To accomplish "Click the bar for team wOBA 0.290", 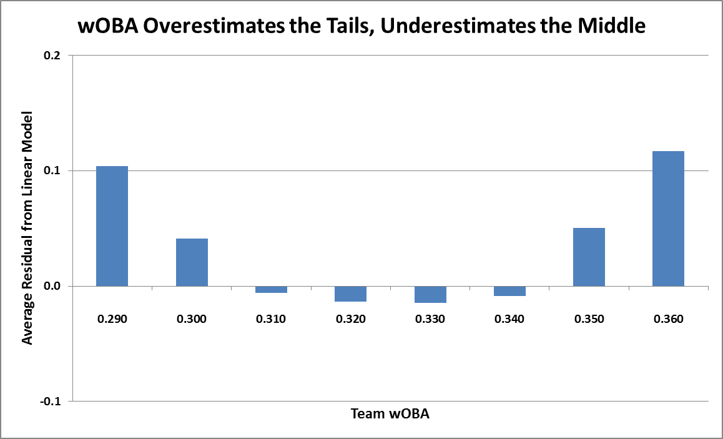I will pos(112,225).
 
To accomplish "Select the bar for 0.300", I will pos(192,262).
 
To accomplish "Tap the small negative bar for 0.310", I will pos(272,289).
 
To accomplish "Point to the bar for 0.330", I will pos(431,294).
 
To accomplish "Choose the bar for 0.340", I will pos(510,291).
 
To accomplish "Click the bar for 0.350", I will pos(589,257).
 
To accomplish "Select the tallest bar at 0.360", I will pos(669,219).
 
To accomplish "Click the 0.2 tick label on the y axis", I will pos(52,56).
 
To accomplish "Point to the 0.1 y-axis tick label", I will pos(52,170).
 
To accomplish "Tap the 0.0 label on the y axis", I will pos(52,286).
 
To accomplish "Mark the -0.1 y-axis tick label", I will pos(51,401).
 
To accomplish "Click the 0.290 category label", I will pos(112,319).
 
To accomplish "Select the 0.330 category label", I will pos(431,319).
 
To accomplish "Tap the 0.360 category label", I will pos(669,319).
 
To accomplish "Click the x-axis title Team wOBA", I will pos(390,413).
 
